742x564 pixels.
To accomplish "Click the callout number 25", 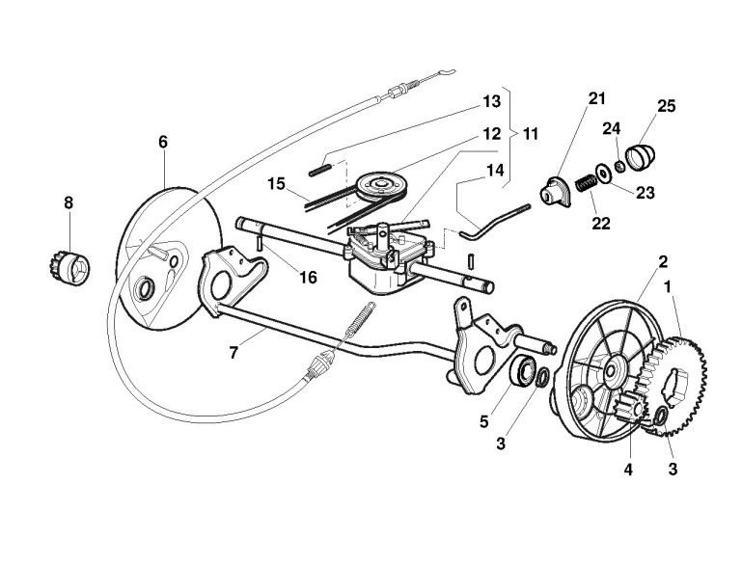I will click(667, 105).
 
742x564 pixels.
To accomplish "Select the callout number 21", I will click(596, 99).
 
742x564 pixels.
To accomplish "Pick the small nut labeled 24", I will click(619, 165).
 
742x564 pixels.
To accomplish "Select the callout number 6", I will click(163, 143).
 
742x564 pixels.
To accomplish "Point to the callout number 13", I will click(492, 100).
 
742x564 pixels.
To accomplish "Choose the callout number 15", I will click(278, 182).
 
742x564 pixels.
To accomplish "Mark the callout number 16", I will click(308, 278).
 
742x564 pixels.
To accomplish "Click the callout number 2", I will click(663, 261).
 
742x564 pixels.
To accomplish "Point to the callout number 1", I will click(690, 286).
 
